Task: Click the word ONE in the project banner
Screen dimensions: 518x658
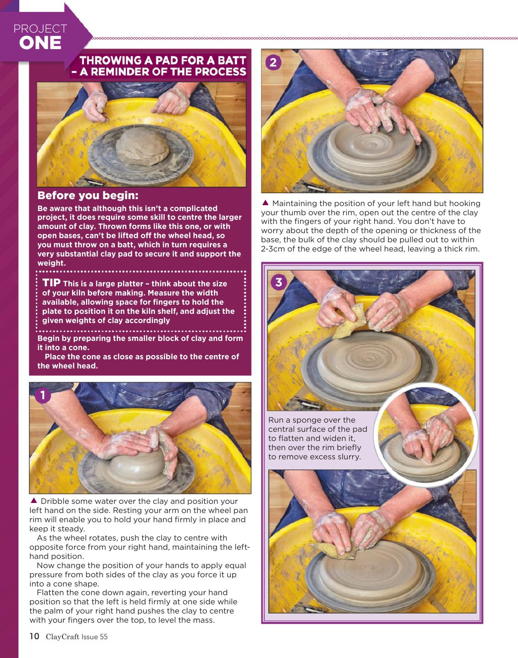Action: click(x=40, y=43)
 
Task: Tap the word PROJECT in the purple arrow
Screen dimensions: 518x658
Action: click(x=40, y=28)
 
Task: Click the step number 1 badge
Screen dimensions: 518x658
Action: click(x=43, y=395)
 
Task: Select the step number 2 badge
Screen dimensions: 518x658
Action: click(x=273, y=62)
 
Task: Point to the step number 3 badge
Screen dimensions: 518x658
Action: click(x=278, y=282)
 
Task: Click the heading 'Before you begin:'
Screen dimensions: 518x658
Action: click(x=88, y=195)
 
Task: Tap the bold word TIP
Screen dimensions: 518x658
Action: click(x=51, y=283)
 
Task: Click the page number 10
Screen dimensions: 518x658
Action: click(x=34, y=636)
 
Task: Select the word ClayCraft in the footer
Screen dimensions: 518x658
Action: click(x=63, y=636)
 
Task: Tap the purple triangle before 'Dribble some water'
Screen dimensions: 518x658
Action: click(x=34, y=501)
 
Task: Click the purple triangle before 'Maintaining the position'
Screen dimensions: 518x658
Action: click(x=265, y=203)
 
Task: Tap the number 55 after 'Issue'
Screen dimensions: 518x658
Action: click(x=104, y=636)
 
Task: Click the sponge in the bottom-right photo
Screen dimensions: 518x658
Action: click(x=333, y=550)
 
